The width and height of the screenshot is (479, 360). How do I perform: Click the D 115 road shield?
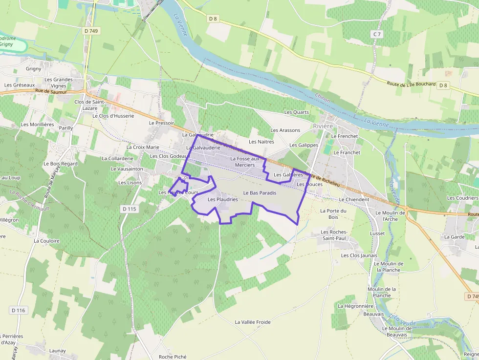pyautogui.click(x=129, y=209)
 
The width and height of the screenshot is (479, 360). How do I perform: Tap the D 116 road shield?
pyautogui.click(x=18, y=310)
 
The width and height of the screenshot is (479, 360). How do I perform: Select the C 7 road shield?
pyautogui.click(x=376, y=34)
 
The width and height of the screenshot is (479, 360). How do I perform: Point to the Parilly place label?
pyautogui.click(x=65, y=128)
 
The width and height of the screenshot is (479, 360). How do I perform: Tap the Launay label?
pyautogui.click(x=57, y=351)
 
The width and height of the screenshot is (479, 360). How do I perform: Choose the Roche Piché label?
pyautogui.click(x=173, y=357)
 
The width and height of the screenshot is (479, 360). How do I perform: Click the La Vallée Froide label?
pyautogui.click(x=253, y=322)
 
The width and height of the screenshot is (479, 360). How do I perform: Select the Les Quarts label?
pyautogui.click(x=297, y=112)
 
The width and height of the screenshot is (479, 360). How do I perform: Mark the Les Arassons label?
pyautogui.click(x=285, y=130)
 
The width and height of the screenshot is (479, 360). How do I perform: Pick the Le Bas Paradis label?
pyautogui.click(x=260, y=193)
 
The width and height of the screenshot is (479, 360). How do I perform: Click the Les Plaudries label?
pyautogui.click(x=222, y=199)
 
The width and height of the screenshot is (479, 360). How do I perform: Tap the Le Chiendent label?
pyautogui.click(x=354, y=200)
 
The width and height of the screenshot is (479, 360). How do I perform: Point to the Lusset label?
pyautogui.click(x=377, y=233)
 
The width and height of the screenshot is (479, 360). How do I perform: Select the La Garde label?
pyautogui.click(x=454, y=237)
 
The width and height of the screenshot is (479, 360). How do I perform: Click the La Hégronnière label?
pyautogui.click(x=355, y=306)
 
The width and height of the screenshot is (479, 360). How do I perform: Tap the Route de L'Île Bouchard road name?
pyautogui.click(x=411, y=84)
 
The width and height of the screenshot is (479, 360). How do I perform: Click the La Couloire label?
pyautogui.click(x=46, y=241)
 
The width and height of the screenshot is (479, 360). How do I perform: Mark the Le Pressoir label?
pyautogui.click(x=161, y=123)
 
